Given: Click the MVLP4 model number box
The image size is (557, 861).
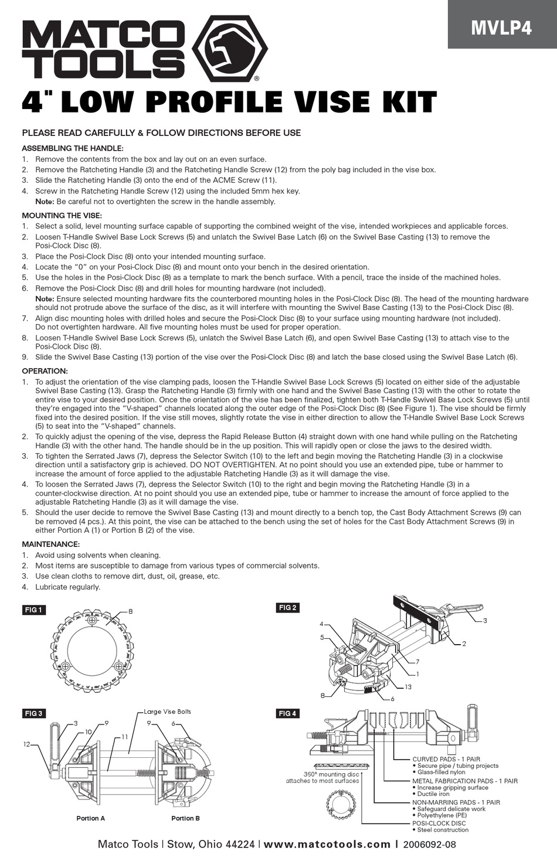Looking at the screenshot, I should tap(502, 27).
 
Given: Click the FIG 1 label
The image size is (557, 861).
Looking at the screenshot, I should tap(33, 610).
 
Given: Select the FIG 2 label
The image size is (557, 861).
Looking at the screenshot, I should tap(287, 608).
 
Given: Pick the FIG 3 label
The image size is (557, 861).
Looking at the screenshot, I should tap(33, 713).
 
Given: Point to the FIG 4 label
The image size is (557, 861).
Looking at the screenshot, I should tap(287, 713).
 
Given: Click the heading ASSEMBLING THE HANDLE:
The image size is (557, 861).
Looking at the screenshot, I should tap(73, 148).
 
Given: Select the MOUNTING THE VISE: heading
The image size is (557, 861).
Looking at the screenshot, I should tap(62, 215).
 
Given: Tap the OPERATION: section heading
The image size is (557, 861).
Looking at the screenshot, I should tap(45, 371).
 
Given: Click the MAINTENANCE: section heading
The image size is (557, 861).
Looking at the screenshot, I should tap(50, 544).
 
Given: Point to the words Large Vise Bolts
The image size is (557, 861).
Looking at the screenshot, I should tap(168, 712).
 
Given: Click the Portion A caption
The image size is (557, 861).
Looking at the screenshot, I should tap(90, 818).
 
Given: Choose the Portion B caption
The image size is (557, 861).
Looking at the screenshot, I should tap(185, 818).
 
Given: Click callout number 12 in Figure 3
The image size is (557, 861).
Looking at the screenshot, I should tap(26, 744).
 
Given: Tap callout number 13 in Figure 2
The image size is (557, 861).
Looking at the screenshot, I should tap(408, 686).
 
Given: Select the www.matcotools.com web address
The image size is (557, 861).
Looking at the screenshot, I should tap(327, 844).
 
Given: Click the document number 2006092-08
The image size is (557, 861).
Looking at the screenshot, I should tap(430, 845).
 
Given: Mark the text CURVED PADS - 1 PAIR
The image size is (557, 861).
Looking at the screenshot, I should tap(446, 759).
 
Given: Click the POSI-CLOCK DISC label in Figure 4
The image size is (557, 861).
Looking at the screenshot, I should tap(439, 823).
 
